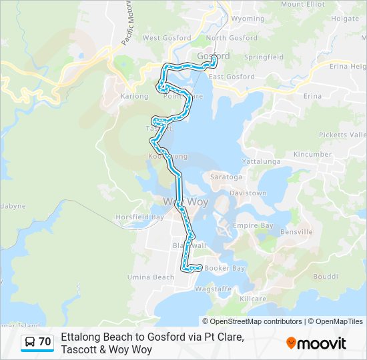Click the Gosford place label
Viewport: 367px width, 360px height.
(x=214, y=56)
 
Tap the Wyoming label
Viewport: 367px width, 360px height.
(x=248, y=19)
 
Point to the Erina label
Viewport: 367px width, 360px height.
(x=312, y=96)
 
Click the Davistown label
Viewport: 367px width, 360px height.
(x=248, y=193)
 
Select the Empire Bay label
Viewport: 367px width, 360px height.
(x=253, y=226)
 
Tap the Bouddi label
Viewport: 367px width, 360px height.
(x=326, y=276)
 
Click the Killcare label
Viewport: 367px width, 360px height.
(x=253, y=300)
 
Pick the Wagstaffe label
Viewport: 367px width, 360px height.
(x=214, y=289)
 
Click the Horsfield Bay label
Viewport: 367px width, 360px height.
(x=139, y=217)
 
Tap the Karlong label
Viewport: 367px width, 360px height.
(x=133, y=96)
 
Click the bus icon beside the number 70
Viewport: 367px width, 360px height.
(x=29, y=342)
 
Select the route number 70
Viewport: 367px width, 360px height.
(x=45, y=342)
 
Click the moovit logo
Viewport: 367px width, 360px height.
(x=316, y=343)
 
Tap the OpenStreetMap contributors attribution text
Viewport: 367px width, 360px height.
(x=256, y=321)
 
